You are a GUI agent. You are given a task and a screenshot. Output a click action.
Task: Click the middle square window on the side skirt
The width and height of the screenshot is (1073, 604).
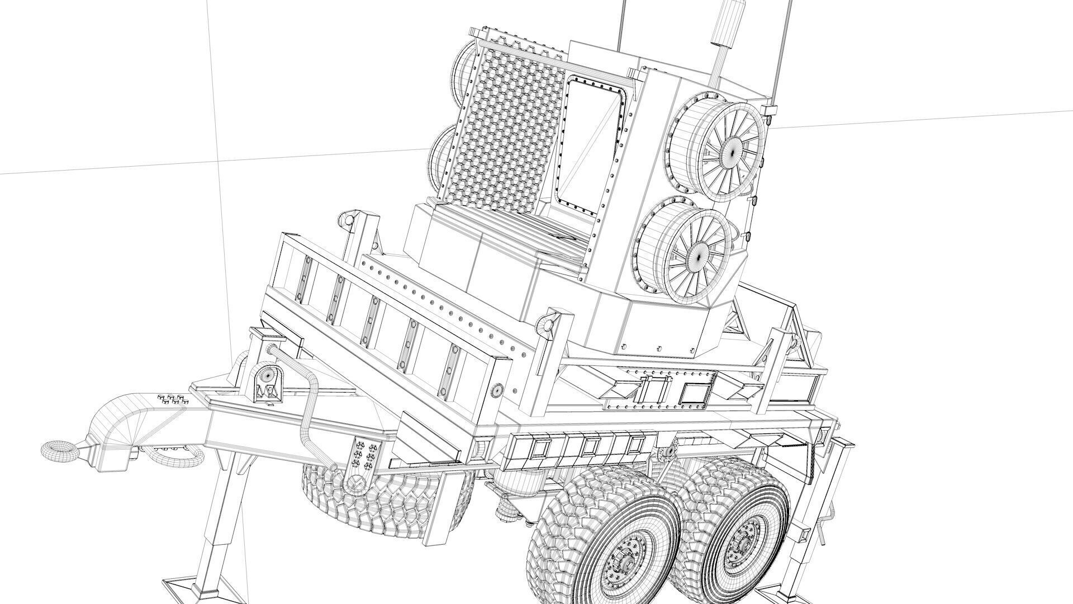pos(588,447)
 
